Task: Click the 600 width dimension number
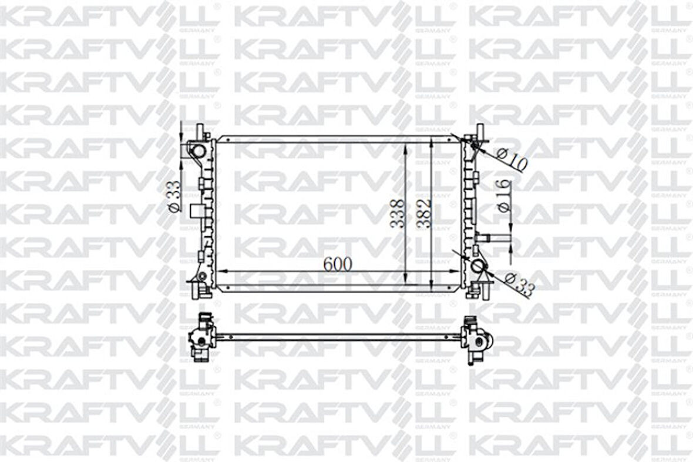click(338, 264)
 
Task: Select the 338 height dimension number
click(398, 213)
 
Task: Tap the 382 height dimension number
click(425, 213)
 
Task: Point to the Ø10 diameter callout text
click(512, 158)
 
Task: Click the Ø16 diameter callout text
click(503, 196)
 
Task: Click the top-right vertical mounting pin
click(480, 132)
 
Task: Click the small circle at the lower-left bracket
click(201, 276)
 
